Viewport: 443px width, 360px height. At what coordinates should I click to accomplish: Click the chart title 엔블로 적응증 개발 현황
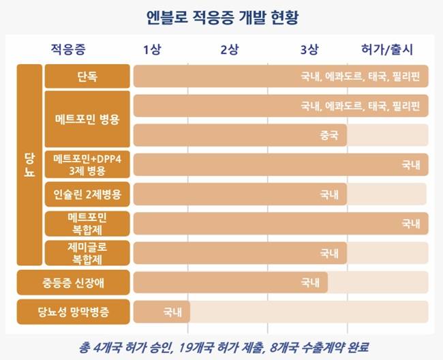tap(222, 16)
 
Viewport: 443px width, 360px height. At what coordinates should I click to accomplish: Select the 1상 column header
tap(153, 50)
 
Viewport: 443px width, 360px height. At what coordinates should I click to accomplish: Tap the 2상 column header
tap(230, 50)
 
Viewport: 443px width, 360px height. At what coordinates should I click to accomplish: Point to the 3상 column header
tap(308, 50)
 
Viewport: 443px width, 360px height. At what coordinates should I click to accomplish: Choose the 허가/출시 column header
tap(386, 50)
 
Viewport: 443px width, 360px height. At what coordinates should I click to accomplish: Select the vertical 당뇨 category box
tap(29, 165)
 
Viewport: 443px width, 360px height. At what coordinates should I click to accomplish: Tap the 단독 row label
tap(87, 76)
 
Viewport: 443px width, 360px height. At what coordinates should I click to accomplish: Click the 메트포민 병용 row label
tap(87, 120)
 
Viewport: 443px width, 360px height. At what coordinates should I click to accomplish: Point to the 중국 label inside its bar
tap(329, 135)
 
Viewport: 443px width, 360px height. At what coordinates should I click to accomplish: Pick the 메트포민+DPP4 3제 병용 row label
tap(87, 164)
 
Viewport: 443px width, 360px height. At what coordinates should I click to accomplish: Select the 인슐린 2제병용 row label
tap(87, 194)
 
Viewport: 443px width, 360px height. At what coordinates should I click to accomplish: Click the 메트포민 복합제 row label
tap(87, 223)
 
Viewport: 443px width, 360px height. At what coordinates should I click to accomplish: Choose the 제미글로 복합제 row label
tap(87, 253)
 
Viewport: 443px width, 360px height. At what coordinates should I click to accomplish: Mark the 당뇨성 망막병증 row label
tap(74, 312)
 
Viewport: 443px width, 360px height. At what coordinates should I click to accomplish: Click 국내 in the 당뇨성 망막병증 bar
tap(172, 312)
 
